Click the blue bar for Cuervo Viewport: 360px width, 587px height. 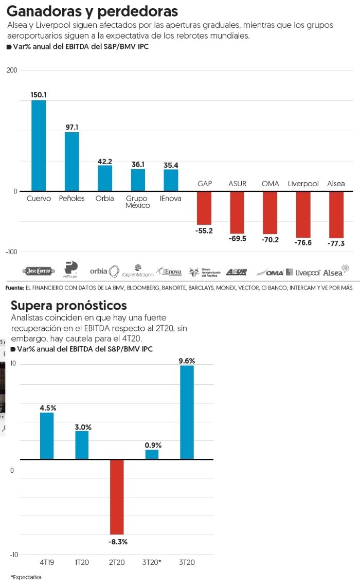[x=39, y=146]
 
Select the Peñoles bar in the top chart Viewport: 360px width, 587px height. [x=71, y=162]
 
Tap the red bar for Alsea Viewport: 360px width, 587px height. [x=336, y=215]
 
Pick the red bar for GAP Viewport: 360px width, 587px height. [x=204, y=208]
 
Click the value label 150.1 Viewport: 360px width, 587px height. [x=39, y=95]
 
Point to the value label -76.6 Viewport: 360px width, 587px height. [x=303, y=242]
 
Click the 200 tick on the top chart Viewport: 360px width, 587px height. [x=12, y=70]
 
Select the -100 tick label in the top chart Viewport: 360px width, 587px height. [x=12, y=252]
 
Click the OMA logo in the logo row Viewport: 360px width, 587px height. [x=269, y=272]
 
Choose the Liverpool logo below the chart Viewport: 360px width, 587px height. [x=303, y=272]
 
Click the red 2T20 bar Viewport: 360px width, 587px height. [x=117, y=496]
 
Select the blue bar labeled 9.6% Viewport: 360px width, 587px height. [x=187, y=412]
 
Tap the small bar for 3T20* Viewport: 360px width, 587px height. [x=152, y=454]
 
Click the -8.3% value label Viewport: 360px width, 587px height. [x=118, y=542]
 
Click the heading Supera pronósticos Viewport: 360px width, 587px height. [x=68, y=305]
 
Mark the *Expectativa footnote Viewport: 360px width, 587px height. [x=26, y=577]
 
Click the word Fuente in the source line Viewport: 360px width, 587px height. [x=14, y=288]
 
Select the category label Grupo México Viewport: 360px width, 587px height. [x=138, y=202]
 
